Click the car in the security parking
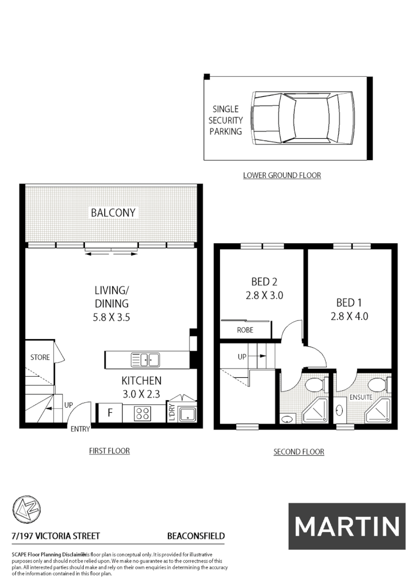coord(303,118)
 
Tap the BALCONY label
coord(113,212)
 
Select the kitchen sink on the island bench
coord(145,360)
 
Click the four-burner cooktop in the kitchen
coord(143,413)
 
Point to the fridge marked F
coord(109,413)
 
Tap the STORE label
coord(40,358)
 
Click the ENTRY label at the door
coord(80,429)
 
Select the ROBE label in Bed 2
coord(245,330)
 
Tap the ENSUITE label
coord(361,397)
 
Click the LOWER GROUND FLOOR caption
coord(282,175)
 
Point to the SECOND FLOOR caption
coord(298,452)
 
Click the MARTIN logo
coord(346,526)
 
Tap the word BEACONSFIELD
coord(196,536)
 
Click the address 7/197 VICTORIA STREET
coord(56,536)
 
